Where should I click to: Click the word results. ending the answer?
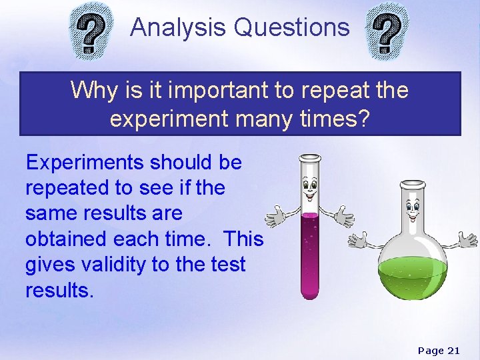coord(57,290)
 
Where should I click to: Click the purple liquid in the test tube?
coord(310,257)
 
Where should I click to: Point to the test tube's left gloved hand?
coord(275,217)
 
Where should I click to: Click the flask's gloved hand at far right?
coord(467,238)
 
